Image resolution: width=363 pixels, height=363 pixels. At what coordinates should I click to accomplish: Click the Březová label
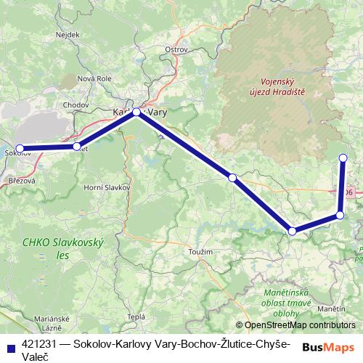click(x=20, y=179)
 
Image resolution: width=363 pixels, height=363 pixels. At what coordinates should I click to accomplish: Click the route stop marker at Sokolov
click(x=20, y=148)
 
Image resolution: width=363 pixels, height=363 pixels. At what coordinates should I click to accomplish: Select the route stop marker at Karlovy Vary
click(x=136, y=112)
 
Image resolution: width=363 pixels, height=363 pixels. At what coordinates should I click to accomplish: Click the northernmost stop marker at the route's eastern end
click(x=343, y=158)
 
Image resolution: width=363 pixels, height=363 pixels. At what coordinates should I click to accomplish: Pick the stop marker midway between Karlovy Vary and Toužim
click(x=232, y=177)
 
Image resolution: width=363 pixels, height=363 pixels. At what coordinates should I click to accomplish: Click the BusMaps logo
click(x=329, y=347)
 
